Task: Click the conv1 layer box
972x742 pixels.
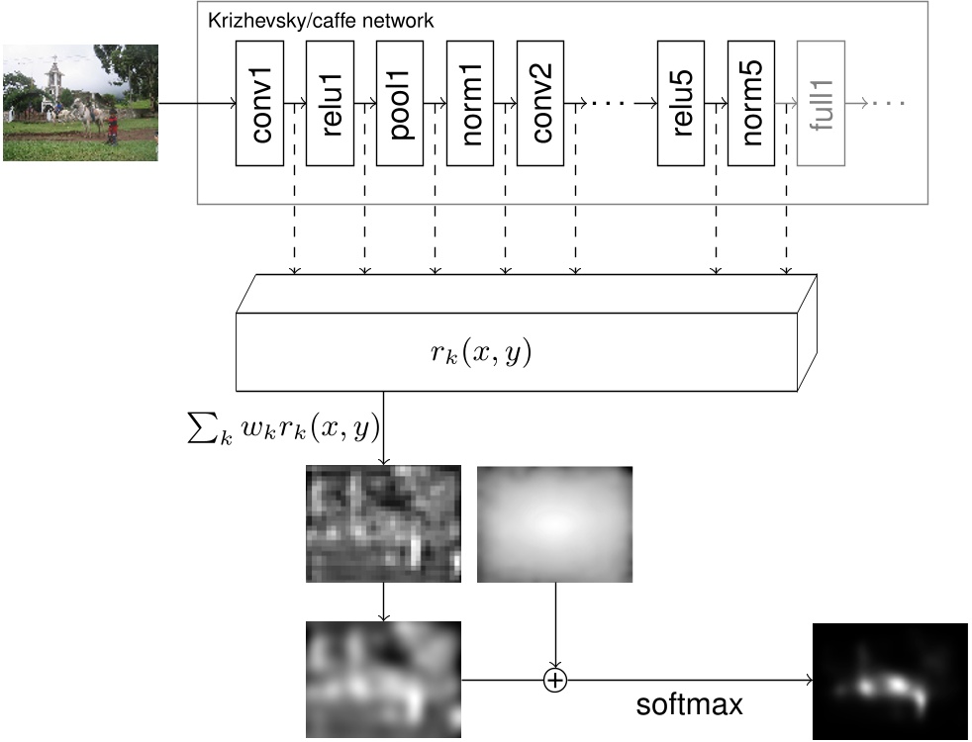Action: pyautogui.click(x=260, y=103)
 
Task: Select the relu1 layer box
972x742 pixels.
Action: pyautogui.click(x=331, y=103)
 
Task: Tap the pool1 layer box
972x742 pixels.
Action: pyautogui.click(x=400, y=103)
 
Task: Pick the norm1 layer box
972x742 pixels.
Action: pyautogui.click(x=471, y=103)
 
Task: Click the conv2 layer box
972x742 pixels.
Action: pyautogui.click(x=540, y=103)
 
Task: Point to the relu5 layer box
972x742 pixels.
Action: pyautogui.click(x=682, y=103)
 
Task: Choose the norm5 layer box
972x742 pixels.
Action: pyautogui.click(x=751, y=103)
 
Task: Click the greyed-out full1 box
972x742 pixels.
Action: pyautogui.click(x=822, y=103)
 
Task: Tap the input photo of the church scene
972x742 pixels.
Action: pyautogui.click(x=80, y=102)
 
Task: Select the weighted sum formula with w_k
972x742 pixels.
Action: pyautogui.click(x=283, y=429)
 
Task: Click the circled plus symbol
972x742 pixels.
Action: pyautogui.click(x=555, y=680)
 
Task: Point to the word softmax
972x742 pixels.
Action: pyautogui.click(x=689, y=705)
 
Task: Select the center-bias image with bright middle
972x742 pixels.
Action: pyautogui.click(x=554, y=523)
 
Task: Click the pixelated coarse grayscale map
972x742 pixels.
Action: pyautogui.click(x=384, y=523)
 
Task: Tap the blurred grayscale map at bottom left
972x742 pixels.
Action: pyautogui.click(x=384, y=679)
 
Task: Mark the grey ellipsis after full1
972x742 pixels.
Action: pyautogui.click(x=889, y=102)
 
